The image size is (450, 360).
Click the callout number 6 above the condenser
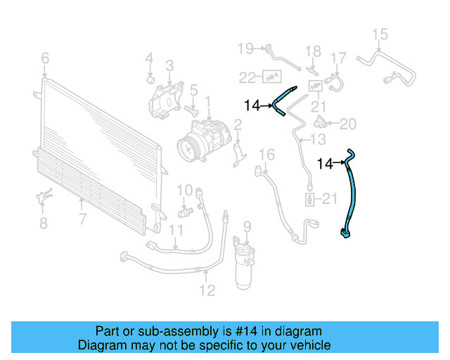click(45, 58)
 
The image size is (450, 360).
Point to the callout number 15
click(380, 34)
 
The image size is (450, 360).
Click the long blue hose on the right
click(352, 197)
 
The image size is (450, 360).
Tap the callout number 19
click(245, 49)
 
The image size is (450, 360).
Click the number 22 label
click(247, 77)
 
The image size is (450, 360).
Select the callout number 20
click(348, 124)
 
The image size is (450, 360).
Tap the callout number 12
click(207, 290)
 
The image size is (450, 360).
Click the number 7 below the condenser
click(82, 219)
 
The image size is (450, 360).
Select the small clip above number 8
click(42, 198)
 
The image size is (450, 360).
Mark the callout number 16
click(266, 155)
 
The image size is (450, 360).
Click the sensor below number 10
click(186, 211)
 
